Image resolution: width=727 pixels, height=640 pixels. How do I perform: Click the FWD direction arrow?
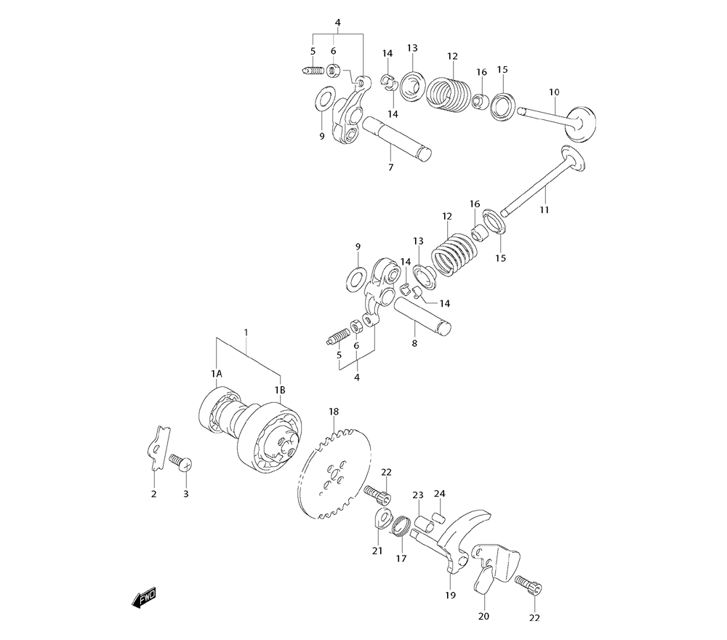point(144,597)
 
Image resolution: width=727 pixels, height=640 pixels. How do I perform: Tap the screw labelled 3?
point(180,461)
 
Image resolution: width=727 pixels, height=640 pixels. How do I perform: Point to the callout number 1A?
point(216,373)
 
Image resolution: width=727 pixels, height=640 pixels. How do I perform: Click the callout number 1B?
point(280,391)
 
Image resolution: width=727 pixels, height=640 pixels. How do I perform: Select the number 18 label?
point(334,412)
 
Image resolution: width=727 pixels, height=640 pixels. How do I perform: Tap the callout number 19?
point(450,595)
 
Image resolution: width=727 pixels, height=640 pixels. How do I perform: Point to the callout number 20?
point(484,617)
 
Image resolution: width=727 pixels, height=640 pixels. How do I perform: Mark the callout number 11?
point(545,210)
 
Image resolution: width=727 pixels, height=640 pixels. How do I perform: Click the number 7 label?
point(390,168)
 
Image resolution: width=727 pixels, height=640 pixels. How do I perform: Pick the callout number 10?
point(554,92)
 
